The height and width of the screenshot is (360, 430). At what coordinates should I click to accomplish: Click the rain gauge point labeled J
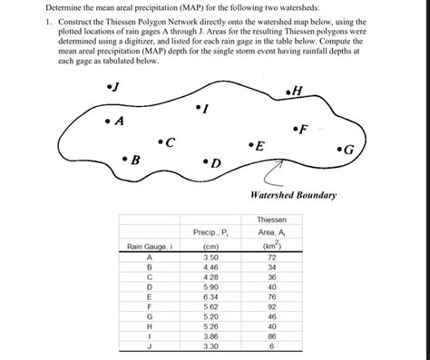(108, 87)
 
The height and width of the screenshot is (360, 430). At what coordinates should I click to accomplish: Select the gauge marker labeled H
(288, 92)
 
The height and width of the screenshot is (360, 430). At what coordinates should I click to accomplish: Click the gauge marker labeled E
(250, 144)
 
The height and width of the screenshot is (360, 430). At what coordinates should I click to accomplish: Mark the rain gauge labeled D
(205, 161)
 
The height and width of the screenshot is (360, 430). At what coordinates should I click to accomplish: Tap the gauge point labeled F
(295, 128)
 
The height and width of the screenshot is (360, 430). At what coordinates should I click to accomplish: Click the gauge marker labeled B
(124, 159)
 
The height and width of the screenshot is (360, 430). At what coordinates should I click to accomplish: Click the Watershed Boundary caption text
(292, 196)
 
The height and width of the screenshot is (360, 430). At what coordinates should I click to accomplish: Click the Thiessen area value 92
(270, 306)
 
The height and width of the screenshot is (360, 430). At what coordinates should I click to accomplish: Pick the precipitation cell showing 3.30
(210, 346)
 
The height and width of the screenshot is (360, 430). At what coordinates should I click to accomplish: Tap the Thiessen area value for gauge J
(270, 346)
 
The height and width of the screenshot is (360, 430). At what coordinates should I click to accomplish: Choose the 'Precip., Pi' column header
(210, 232)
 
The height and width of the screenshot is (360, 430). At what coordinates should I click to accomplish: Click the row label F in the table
(150, 306)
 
